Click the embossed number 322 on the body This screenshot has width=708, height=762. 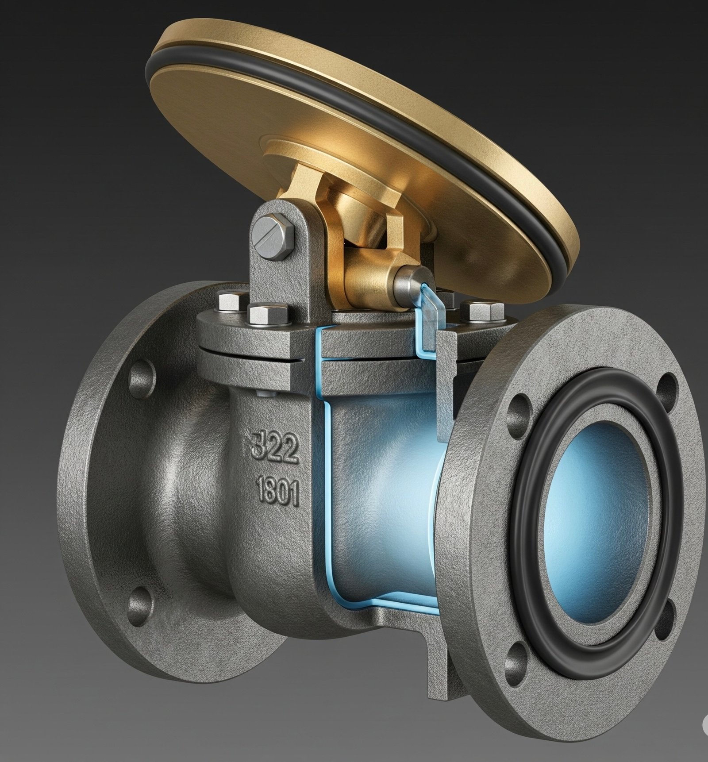(273, 448)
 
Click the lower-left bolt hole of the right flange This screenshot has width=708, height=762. (514, 659)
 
